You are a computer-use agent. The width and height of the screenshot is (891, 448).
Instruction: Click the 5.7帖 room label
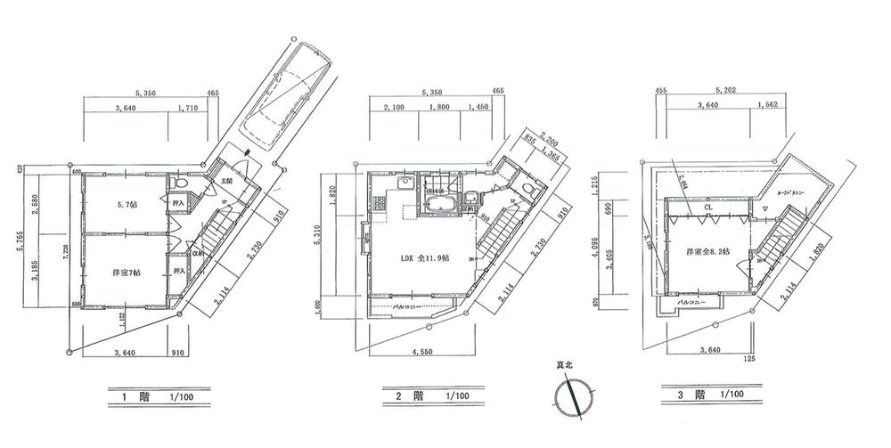tap(127, 205)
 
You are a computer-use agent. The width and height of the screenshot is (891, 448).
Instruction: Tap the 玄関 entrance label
tap(226, 181)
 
